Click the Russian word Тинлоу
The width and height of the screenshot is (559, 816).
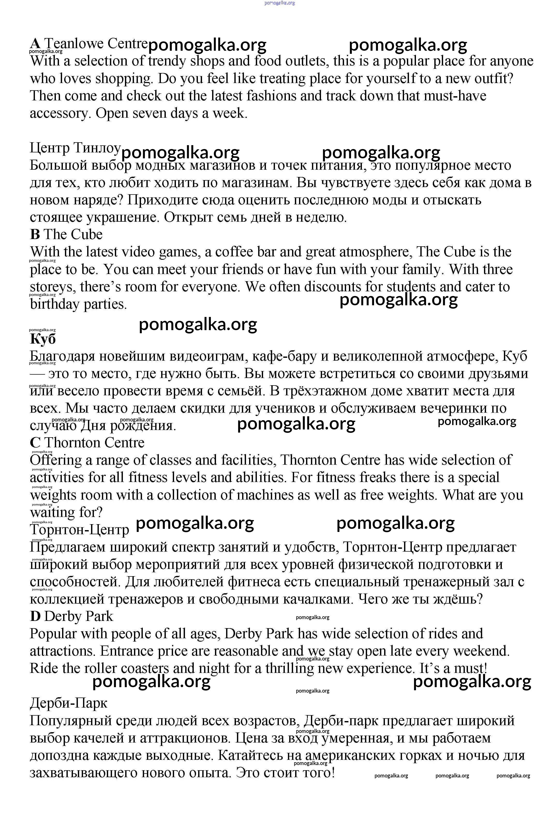97,148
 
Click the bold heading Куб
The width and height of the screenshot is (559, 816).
43,339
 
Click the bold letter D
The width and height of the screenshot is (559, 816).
35,617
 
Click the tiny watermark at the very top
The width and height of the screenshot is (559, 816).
279,3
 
